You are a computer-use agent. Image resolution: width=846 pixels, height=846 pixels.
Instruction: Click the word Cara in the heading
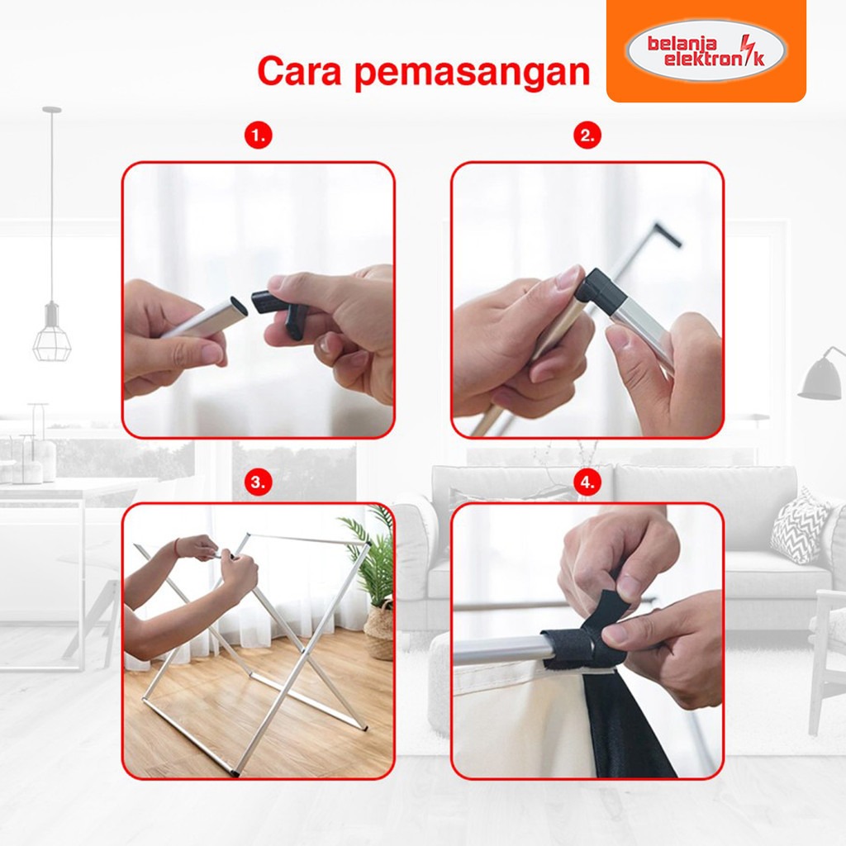pyautogui.click(x=300, y=71)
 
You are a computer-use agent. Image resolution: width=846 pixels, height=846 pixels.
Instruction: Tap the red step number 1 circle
pyautogui.click(x=259, y=135)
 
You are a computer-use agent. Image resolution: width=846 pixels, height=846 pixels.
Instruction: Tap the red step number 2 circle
pyautogui.click(x=587, y=135)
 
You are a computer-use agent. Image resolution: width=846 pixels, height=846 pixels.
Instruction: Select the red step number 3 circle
pyautogui.click(x=259, y=482)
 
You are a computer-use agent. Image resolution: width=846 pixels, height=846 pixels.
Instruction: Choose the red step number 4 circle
pyautogui.click(x=587, y=482)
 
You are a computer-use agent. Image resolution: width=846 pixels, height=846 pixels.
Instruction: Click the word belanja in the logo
pyautogui.click(x=682, y=43)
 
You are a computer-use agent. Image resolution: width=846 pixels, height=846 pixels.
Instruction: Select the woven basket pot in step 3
pyautogui.click(x=379, y=630)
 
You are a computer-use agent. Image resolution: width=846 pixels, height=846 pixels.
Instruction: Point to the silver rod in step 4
pyautogui.click(x=501, y=650)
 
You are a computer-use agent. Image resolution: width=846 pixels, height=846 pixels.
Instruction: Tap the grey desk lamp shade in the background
pyautogui.click(x=821, y=378)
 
